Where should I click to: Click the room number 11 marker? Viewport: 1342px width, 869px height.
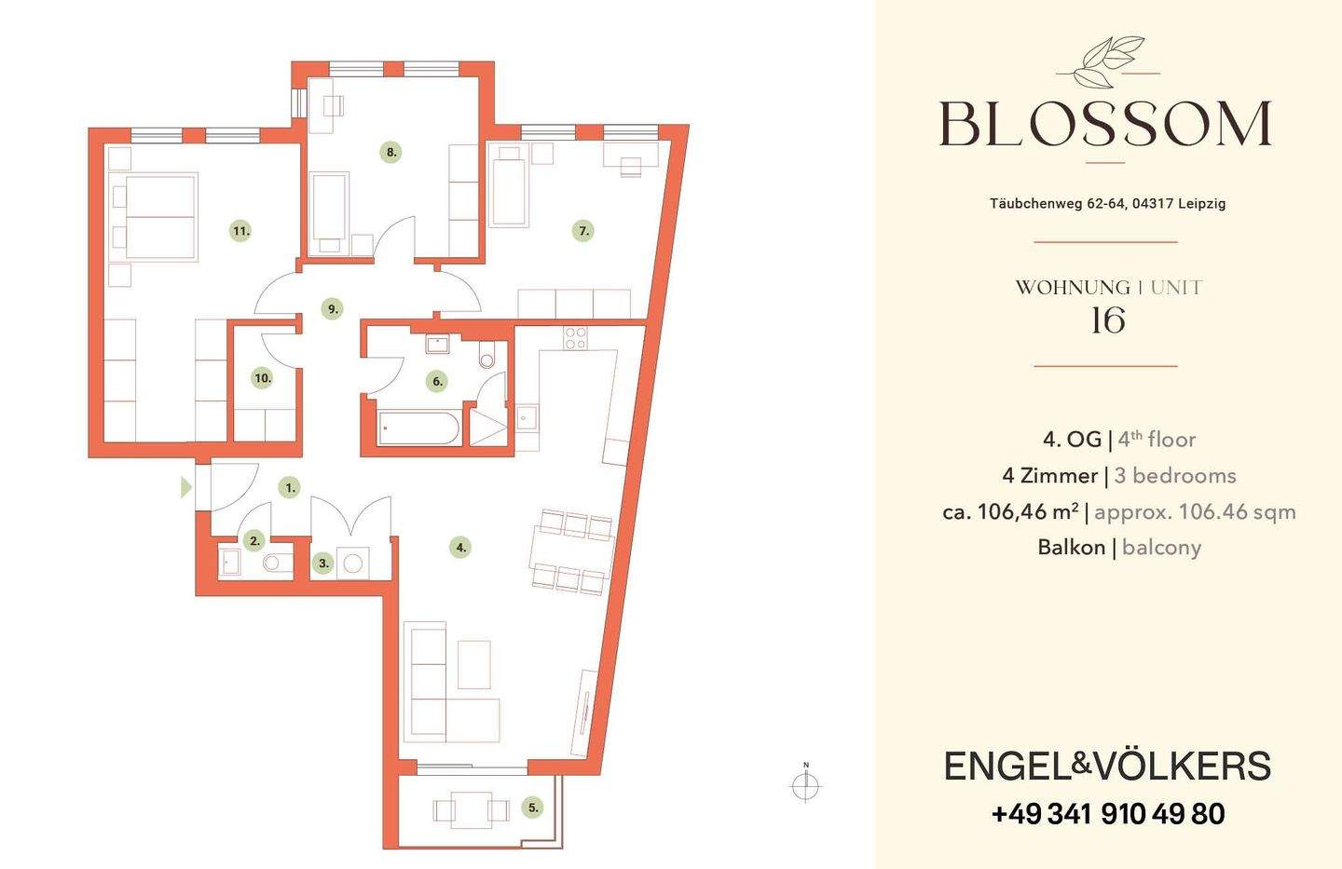(240, 231)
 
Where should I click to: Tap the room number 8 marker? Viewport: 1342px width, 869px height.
(391, 152)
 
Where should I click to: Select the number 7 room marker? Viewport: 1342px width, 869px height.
(583, 230)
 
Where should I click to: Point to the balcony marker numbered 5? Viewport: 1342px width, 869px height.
(533, 808)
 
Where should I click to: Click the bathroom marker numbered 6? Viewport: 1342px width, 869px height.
(437, 381)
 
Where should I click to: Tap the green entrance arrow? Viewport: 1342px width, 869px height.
(186, 487)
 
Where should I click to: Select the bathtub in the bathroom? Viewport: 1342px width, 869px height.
(418, 428)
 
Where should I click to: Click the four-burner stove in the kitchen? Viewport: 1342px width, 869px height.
(575, 338)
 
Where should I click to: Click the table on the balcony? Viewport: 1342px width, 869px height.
(471, 810)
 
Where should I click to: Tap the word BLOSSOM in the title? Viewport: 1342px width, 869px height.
(1105, 124)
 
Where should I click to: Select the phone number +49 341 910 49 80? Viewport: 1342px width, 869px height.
(1108, 814)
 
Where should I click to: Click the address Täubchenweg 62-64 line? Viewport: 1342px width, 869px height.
(1107, 204)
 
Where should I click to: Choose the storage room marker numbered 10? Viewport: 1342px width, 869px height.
(263, 378)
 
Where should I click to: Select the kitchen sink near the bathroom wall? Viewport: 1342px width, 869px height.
(527, 417)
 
